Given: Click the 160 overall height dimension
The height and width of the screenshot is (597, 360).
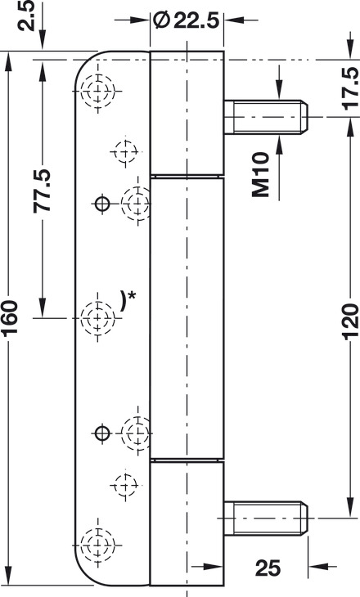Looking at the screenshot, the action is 10,316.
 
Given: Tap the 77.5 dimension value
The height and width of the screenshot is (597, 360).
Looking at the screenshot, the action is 43,191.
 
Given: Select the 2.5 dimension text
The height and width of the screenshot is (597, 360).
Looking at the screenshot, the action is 27,16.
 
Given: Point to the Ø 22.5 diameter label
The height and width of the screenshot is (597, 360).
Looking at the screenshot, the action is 186,20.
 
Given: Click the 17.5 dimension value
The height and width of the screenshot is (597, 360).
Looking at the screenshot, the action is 349,88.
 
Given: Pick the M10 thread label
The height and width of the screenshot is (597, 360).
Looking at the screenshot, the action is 261,175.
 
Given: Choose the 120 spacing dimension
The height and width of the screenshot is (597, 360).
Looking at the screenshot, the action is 349,321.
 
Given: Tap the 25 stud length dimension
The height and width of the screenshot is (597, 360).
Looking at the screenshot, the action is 268,568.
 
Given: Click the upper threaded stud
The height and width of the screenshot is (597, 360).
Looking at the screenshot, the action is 266,117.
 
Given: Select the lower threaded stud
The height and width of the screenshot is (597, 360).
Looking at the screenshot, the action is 266,518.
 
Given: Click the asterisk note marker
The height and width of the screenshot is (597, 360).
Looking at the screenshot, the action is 132,295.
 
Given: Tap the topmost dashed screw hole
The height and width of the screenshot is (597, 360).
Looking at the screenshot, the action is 98,92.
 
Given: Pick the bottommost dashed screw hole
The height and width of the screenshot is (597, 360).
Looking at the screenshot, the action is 98,545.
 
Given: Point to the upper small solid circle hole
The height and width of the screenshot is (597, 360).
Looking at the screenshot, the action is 102,204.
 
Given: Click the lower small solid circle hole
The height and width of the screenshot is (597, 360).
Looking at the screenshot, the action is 102,433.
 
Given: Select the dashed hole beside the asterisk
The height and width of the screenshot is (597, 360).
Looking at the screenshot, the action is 98,317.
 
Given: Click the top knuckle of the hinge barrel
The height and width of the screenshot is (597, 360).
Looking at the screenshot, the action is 187,113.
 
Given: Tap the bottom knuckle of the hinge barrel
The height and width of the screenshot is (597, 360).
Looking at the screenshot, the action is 187,523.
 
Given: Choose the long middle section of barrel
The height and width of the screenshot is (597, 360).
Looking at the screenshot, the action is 187,318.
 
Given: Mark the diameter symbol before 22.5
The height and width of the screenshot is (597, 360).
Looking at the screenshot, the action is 161,20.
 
